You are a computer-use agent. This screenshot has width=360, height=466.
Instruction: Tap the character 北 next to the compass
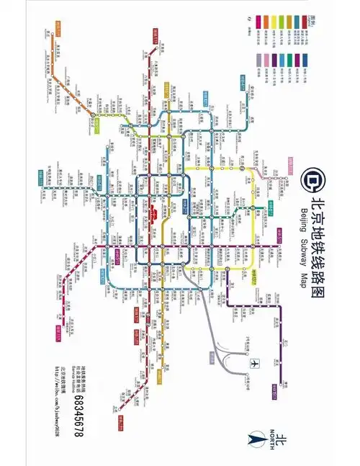coord(282,441)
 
